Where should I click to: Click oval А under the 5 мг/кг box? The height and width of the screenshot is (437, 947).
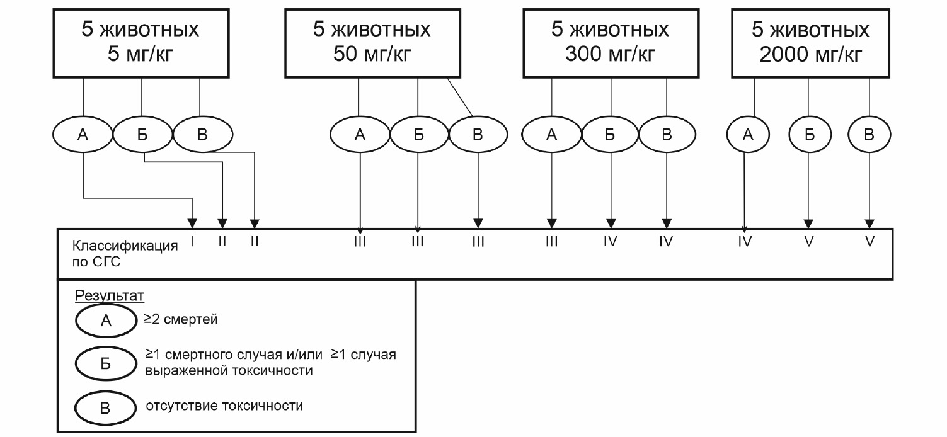click(83, 134)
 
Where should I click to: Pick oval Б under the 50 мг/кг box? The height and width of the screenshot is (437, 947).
click(418, 134)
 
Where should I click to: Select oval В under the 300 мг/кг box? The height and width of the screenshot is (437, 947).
click(667, 134)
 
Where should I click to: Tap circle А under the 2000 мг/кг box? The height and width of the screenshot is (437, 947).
click(747, 134)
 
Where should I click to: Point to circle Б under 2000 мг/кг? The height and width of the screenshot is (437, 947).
click(810, 134)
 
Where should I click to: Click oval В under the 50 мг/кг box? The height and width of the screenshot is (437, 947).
click(478, 134)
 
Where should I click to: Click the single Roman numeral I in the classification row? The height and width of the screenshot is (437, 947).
click(192, 242)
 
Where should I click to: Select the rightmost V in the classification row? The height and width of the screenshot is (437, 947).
click(870, 242)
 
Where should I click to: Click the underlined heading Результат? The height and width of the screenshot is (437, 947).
click(110, 295)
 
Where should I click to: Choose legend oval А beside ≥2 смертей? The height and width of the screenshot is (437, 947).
click(105, 321)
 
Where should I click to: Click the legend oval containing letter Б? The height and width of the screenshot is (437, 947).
click(105, 364)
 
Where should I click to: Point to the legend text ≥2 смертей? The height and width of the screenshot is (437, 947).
click(181, 320)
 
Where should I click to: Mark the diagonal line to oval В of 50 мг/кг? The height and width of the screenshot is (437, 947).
click(460, 96)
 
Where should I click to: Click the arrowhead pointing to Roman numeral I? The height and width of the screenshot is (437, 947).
click(192, 223)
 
